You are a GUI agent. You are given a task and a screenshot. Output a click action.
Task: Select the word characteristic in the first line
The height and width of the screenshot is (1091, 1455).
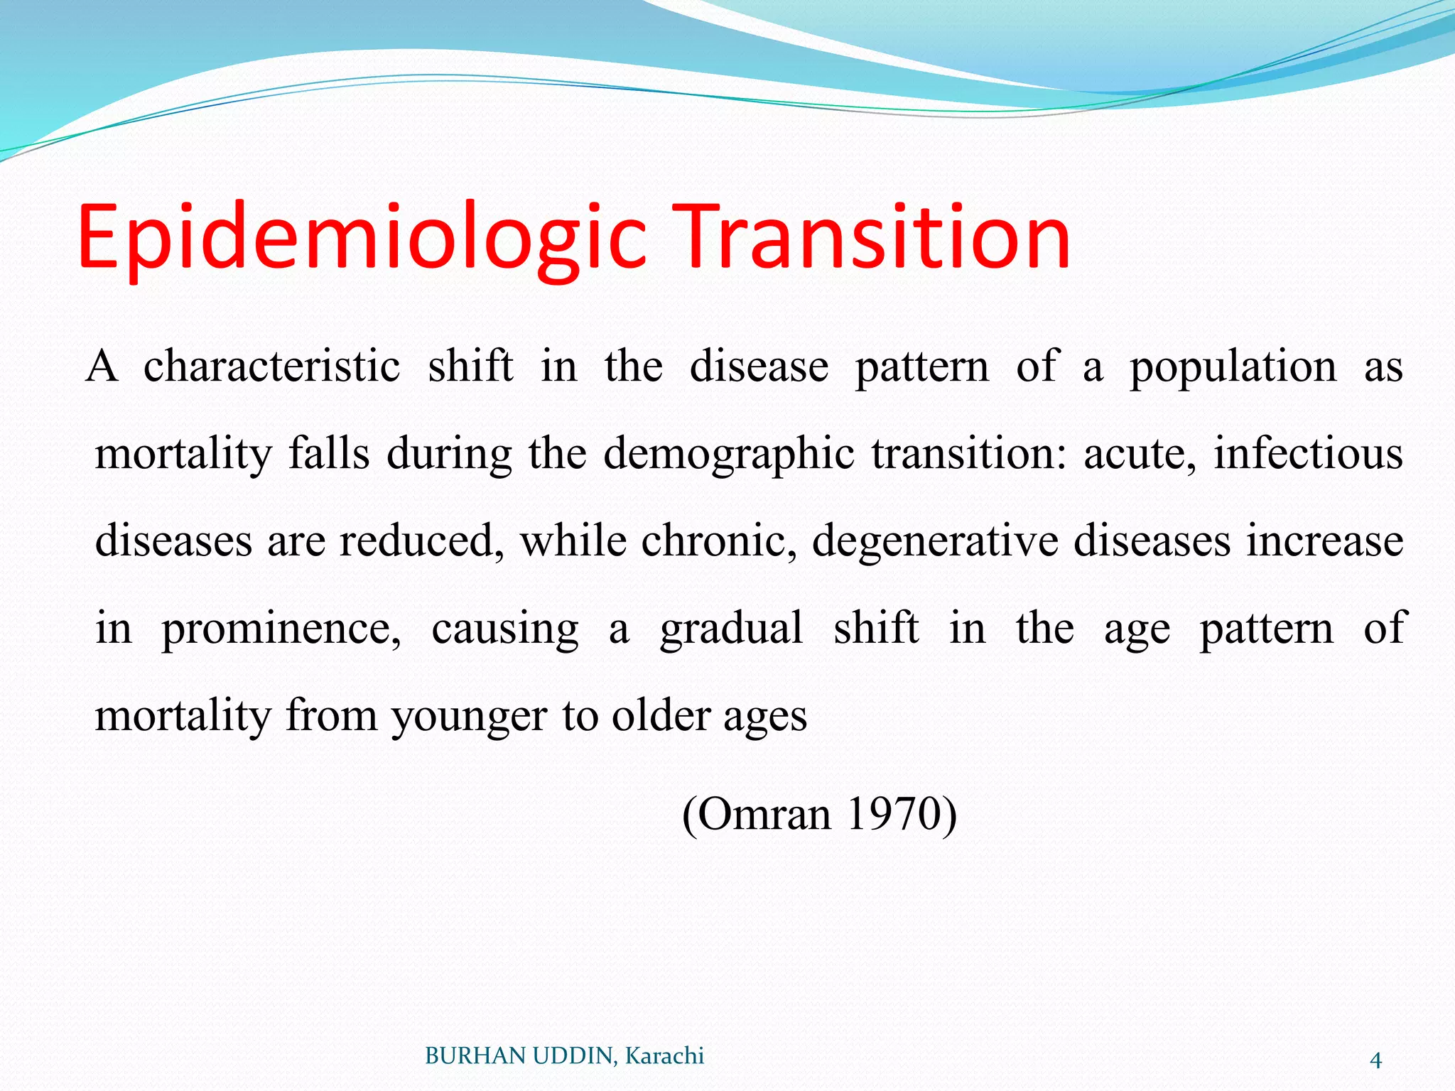click(x=271, y=367)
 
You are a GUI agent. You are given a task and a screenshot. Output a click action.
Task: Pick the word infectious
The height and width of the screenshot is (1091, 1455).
click(x=1308, y=454)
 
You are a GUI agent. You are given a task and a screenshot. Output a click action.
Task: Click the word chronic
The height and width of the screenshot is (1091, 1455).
click(x=719, y=541)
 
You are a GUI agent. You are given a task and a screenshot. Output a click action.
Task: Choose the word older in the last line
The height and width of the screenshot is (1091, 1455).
click(x=661, y=715)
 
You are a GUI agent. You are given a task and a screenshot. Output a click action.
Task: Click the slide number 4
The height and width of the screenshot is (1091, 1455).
click(x=1375, y=1060)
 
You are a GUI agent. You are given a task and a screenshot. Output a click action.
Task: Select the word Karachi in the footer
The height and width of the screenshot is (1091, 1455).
click(x=664, y=1056)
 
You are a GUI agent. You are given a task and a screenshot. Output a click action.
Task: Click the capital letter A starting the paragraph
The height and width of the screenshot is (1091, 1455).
click(x=102, y=367)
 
